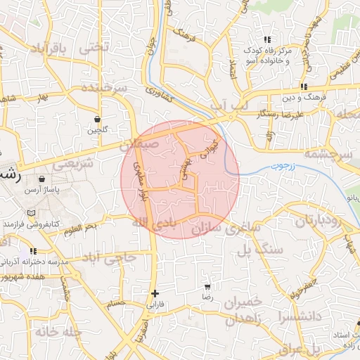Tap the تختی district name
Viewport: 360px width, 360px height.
pos(96,47)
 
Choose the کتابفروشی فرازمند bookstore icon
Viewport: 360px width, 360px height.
pos(30,213)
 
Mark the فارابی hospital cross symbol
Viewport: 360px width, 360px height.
pos(155,293)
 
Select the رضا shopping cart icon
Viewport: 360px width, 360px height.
pos(207,287)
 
